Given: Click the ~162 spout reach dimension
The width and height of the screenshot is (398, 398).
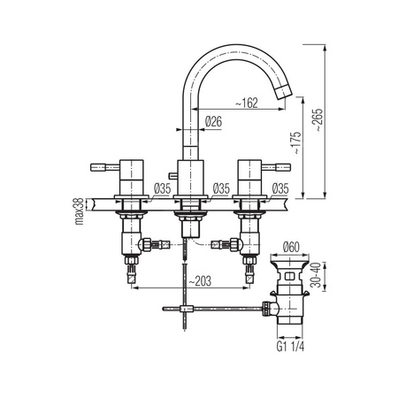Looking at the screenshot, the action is [247, 103].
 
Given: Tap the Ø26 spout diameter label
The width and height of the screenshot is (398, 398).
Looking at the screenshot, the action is [213, 121].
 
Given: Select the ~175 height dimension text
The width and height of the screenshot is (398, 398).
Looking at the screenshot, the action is [297, 142].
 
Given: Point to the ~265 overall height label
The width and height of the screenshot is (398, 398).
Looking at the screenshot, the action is [319, 119].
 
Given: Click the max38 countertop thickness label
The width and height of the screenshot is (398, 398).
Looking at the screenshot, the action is [79, 210].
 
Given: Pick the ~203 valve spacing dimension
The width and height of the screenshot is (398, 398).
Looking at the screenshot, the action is [200, 281].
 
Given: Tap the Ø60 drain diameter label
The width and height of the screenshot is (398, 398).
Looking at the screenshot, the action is [291, 247].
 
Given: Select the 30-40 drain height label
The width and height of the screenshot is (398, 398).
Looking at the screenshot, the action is [316, 275].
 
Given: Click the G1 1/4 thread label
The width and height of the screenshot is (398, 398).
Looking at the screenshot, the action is [290, 347].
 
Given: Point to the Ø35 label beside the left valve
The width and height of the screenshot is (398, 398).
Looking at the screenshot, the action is [162, 188].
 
